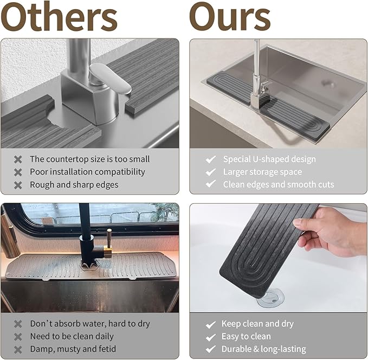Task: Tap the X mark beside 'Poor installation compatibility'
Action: (18, 172)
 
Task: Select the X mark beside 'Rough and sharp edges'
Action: (18, 185)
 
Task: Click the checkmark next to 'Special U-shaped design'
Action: (211, 159)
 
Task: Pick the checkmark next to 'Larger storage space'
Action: (211, 172)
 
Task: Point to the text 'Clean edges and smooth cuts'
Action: (278, 184)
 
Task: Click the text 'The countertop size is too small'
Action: (89, 159)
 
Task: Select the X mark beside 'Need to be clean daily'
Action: (18, 337)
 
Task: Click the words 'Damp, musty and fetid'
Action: (73, 349)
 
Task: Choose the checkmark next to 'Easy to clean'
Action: (211, 337)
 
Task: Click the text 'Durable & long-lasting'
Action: (263, 349)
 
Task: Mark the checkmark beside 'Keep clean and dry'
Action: (211, 324)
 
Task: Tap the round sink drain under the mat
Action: (270, 298)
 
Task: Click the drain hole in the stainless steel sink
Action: (327, 83)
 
